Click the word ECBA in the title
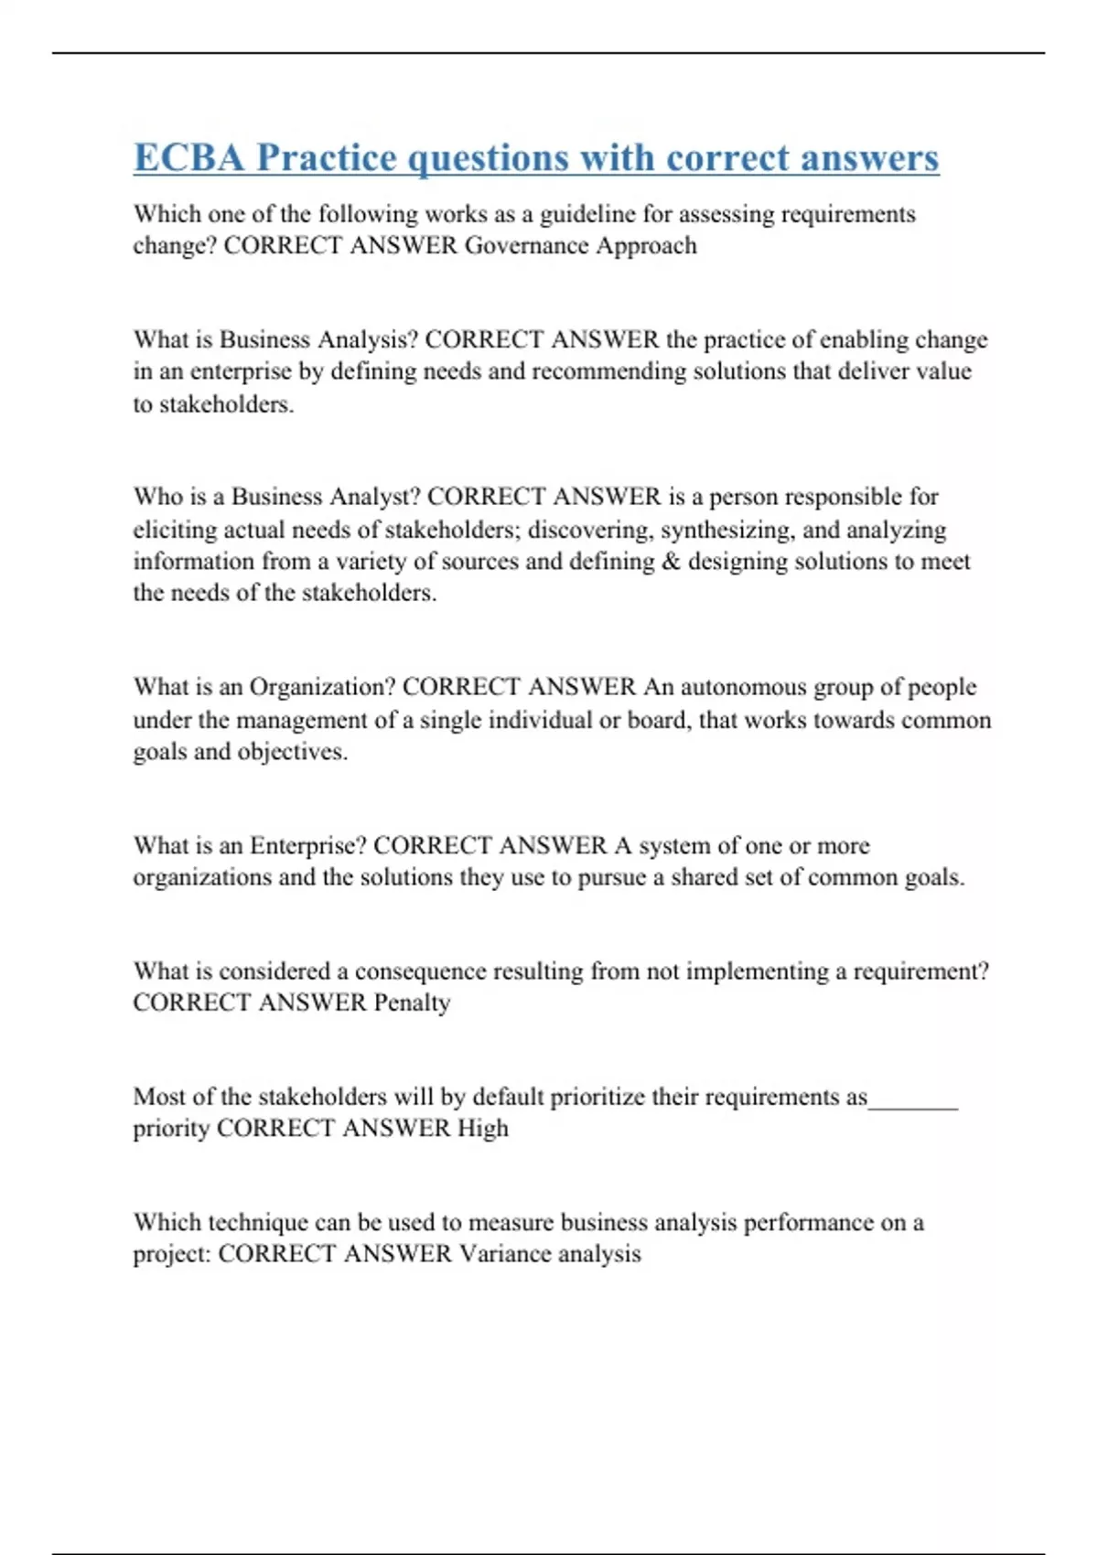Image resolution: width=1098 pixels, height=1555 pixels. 189,157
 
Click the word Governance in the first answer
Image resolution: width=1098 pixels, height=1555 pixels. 527,245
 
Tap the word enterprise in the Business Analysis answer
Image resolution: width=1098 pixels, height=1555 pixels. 229,371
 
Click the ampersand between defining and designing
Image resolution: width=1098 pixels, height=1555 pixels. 670,561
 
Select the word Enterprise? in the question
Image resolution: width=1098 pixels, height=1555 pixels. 307,845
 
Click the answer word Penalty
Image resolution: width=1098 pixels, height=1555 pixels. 412,1003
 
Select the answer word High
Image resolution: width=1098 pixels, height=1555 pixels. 482,1128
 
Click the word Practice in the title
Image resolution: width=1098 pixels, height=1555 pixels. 327,157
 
